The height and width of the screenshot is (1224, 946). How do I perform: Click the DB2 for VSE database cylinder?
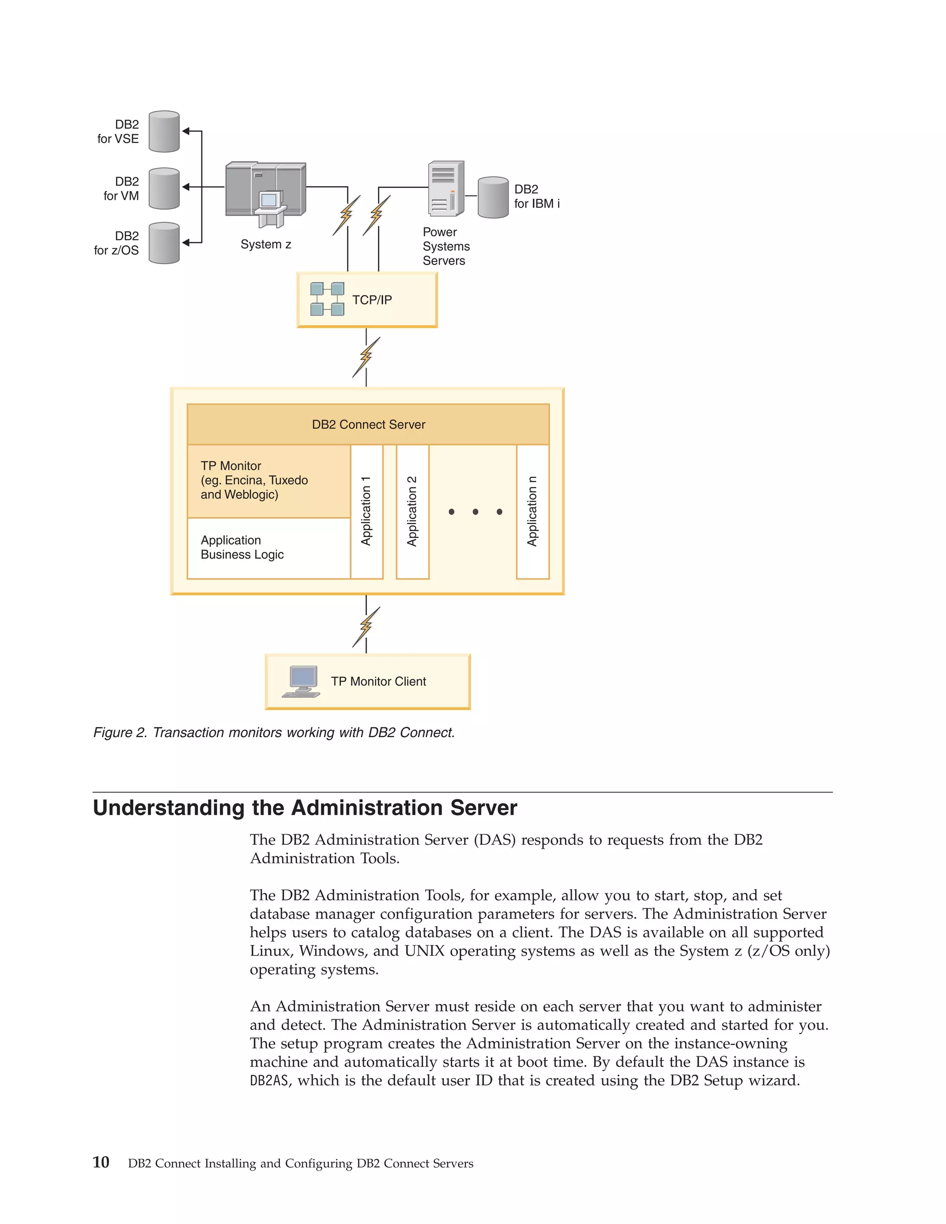pyautogui.click(x=164, y=132)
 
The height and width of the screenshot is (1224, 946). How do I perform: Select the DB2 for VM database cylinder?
pyautogui.click(x=164, y=188)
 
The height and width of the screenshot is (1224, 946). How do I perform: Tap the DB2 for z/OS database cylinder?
pyautogui.click(x=164, y=243)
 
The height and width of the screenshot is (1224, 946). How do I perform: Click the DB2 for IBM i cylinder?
pyautogui.click(x=493, y=197)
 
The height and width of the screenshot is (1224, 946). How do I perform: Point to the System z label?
pyautogui.click(x=266, y=244)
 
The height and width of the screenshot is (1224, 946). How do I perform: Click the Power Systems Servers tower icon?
pyautogui.click(x=446, y=189)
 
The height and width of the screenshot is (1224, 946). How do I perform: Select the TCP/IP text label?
pyautogui.click(x=372, y=300)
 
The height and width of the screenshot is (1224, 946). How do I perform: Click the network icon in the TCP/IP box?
pyautogui.click(x=327, y=299)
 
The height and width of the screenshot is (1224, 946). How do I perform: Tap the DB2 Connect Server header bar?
pyautogui.click(x=368, y=424)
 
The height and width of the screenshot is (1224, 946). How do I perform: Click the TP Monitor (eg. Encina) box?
pyautogui.click(x=268, y=481)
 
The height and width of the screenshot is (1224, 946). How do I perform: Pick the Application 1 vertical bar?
pyautogui.click(x=366, y=511)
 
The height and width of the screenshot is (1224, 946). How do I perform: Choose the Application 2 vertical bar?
pyautogui.click(x=412, y=511)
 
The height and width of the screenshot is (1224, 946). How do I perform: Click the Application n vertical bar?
pyautogui.click(x=533, y=511)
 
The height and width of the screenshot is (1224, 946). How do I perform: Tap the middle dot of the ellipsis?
pyautogui.click(x=475, y=512)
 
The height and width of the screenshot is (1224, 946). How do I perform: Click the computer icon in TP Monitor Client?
pyautogui.click(x=302, y=681)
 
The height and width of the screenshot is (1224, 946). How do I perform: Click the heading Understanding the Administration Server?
pyautogui.click(x=305, y=807)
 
